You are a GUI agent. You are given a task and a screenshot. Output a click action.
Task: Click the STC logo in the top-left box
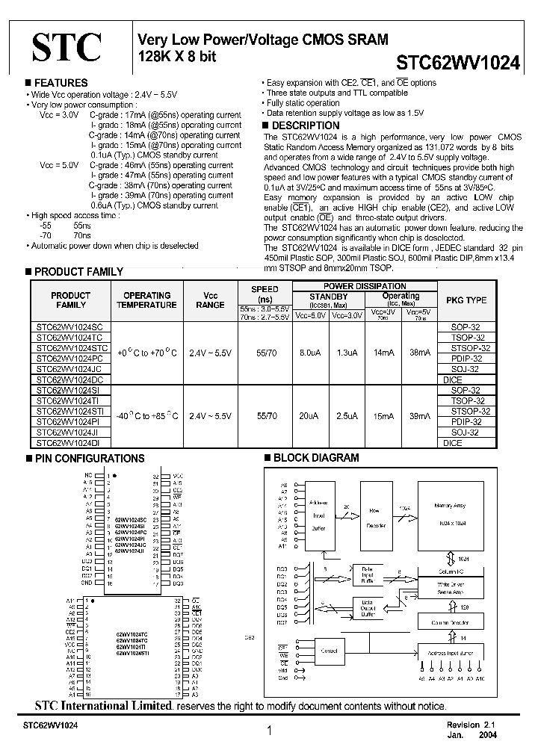66,47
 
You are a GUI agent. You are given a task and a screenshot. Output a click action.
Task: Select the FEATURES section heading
61,83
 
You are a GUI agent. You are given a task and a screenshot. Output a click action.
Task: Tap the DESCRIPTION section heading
305,126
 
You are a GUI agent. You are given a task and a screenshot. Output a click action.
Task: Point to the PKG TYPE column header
466,300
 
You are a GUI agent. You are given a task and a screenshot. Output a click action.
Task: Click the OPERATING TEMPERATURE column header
146,300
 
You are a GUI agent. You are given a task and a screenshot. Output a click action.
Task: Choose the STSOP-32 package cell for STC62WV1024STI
471,412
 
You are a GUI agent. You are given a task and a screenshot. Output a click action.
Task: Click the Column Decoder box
450,622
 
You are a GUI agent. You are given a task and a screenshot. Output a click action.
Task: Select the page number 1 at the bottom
268,732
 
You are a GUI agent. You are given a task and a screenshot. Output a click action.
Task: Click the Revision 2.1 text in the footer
471,725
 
